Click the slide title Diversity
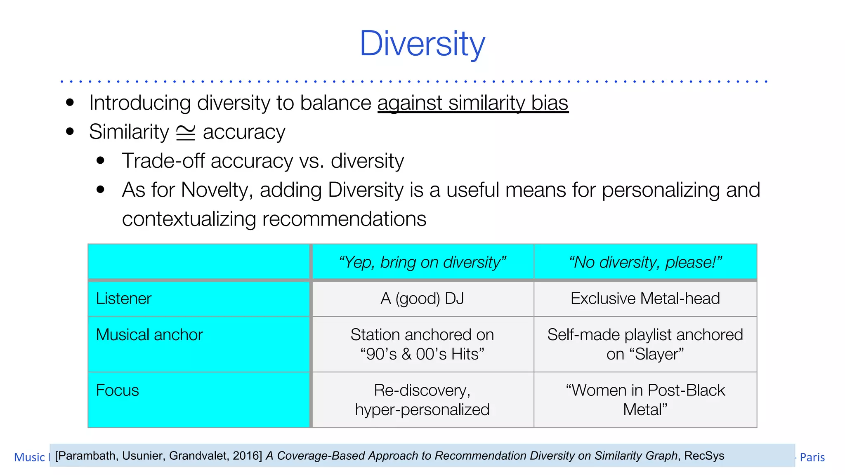pyautogui.click(x=422, y=44)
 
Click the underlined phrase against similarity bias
pyautogui.click(x=473, y=103)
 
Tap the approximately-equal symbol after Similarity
pyautogui.click(x=186, y=132)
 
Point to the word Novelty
pyautogui.click(x=216, y=190)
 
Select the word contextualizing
pyautogui.click(x=189, y=219)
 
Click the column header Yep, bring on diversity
pyautogui.click(x=422, y=262)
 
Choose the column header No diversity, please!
pyautogui.click(x=645, y=262)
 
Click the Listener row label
pyautogui.click(x=124, y=299)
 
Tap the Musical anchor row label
pyautogui.click(x=149, y=335)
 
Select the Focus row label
pyautogui.click(x=118, y=390)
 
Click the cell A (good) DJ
pyautogui.click(x=422, y=299)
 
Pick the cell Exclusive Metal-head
pyautogui.click(x=645, y=299)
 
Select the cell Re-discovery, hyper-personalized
pyautogui.click(x=422, y=400)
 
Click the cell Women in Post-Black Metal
pyautogui.click(x=645, y=400)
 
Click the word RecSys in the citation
pyautogui.click(x=704, y=456)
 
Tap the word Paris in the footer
pyautogui.click(x=812, y=457)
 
